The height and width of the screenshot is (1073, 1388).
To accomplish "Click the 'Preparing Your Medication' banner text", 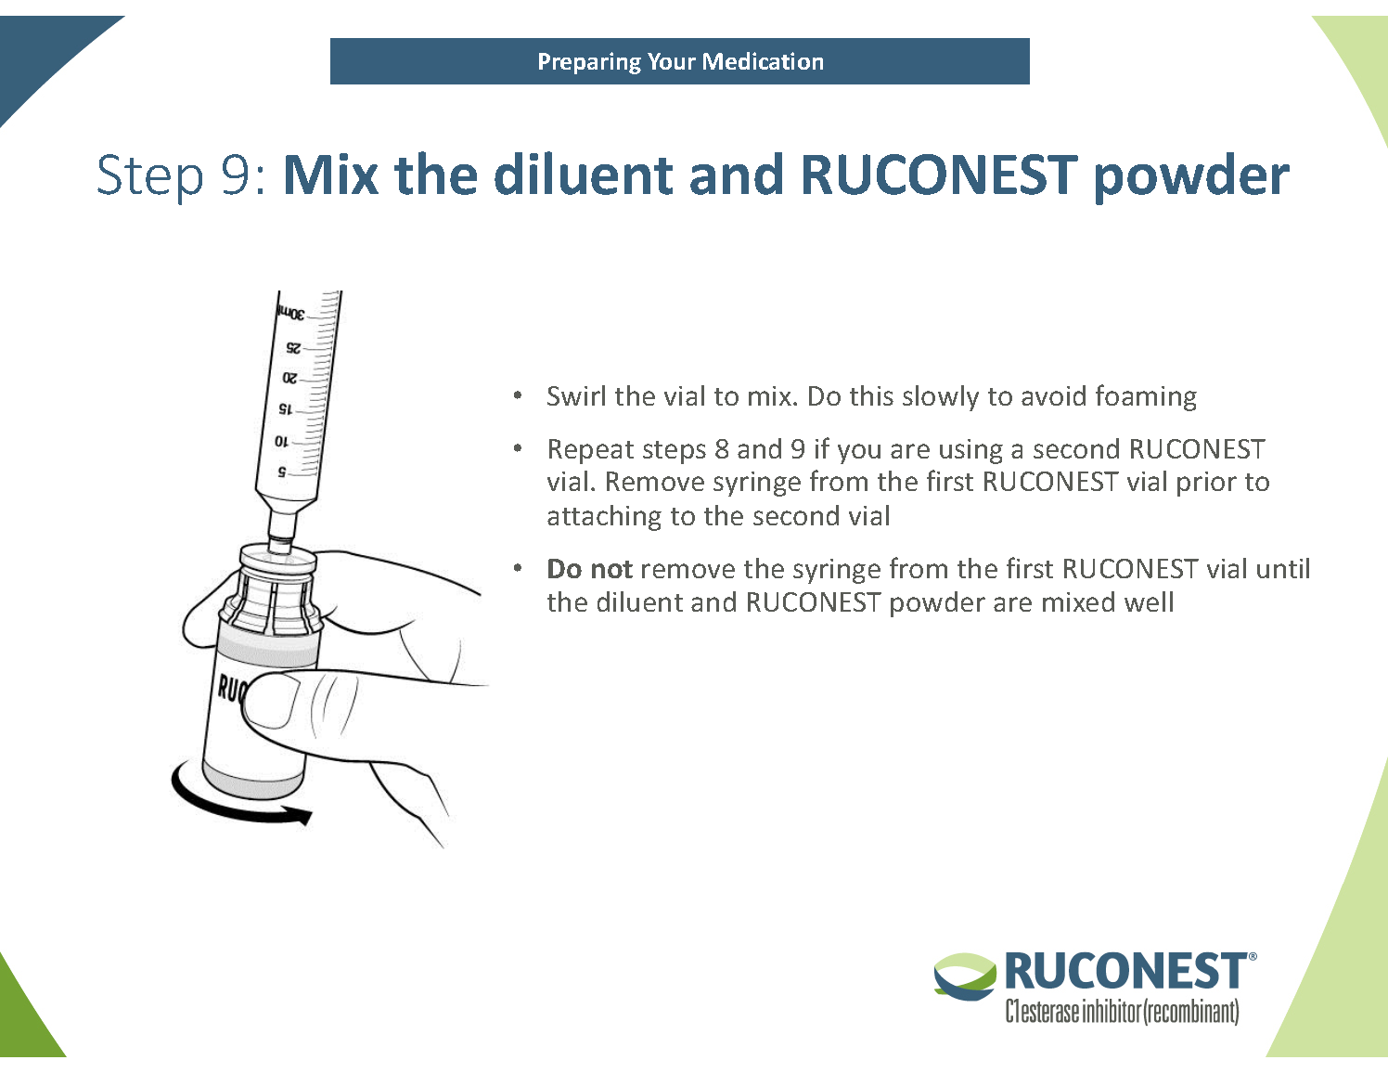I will (680, 61).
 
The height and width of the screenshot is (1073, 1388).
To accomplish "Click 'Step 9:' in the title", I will (181, 175).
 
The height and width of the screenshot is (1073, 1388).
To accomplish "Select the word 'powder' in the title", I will (1190, 176).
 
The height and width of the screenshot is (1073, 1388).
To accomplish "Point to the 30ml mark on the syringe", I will (290, 314).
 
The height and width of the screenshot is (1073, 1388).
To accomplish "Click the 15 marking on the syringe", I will (285, 409).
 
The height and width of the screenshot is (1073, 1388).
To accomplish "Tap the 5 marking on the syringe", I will (282, 472).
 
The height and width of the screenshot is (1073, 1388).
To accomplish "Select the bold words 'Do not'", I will (589, 569).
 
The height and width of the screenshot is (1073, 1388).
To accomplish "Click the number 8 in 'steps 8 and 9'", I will (721, 449).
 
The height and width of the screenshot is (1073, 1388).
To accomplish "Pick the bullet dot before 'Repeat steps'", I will (518, 449).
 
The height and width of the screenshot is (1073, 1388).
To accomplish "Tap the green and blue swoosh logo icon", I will (964, 976).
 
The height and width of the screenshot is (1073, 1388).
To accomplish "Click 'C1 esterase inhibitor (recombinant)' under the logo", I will (1122, 1011).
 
